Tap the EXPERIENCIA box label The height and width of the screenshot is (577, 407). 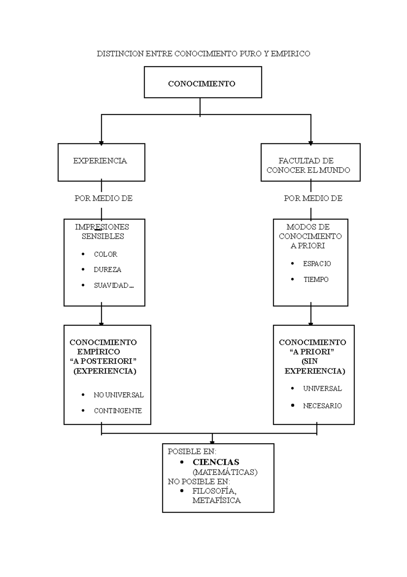tap(100, 161)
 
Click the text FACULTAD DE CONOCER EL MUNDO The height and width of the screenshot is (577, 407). tap(308, 165)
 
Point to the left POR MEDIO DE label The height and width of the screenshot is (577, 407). tap(103, 198)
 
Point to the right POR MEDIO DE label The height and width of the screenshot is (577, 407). tap(313, 198)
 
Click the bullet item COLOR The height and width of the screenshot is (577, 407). tap(105, 255)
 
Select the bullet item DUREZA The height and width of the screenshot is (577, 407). tap(107, 270)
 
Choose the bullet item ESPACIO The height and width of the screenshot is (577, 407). tap(317, 264)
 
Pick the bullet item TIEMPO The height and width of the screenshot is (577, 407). tap(316, 280)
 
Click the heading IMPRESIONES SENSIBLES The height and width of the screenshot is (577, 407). tap(102, 231)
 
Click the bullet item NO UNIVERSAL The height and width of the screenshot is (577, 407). tap(118, 395)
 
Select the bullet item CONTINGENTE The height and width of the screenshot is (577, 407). tap(118, 411)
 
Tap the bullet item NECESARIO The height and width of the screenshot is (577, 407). tap(322, 406)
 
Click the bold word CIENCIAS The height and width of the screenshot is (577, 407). tap(216, 462)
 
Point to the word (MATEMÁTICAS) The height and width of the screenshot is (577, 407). tap(225, 472)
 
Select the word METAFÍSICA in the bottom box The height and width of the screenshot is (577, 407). tap(216, 501)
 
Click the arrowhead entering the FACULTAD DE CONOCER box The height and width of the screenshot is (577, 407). tap(311, 143)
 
